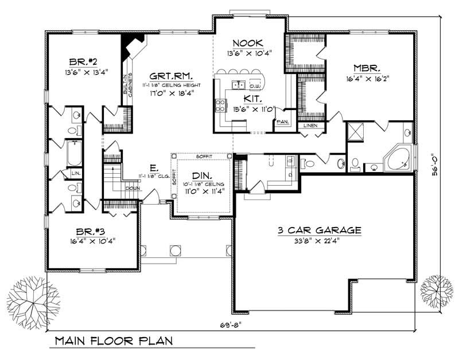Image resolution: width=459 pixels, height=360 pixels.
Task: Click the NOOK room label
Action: [248, 43]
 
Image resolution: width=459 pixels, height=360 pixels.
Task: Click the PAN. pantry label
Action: [282, 122]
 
